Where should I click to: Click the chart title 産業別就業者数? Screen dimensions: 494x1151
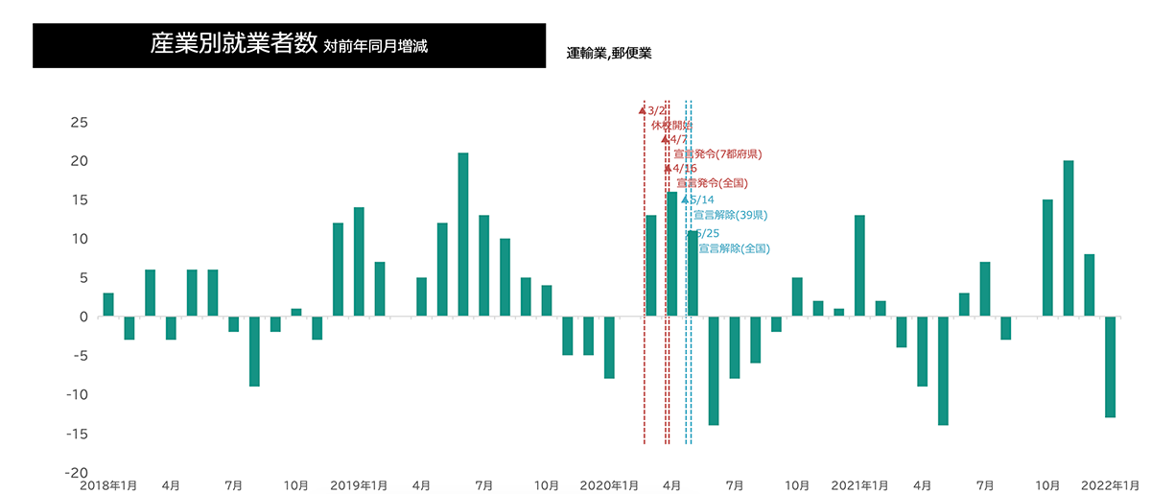coord(234,45)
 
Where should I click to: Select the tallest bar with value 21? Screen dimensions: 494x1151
coord(463,234)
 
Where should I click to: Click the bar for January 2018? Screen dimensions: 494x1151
coord(108,304)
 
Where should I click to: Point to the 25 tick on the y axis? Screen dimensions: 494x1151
coord(79,123)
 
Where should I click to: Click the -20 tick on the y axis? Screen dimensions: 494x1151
coord(75,473)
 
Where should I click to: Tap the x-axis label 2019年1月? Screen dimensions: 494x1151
coord(359,485)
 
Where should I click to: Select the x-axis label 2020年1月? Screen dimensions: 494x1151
coord(609,485)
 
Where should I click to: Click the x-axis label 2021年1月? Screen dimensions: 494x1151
coord(859,485)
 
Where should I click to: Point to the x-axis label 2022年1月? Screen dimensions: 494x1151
coord(1110,485)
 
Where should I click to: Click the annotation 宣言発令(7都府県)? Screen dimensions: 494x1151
coord(717,154)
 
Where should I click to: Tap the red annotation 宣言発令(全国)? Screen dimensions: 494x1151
coord(712,183)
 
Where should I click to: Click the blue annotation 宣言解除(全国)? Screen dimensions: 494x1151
coord(734,248)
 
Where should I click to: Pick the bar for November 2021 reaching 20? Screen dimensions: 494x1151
coord(1069,238)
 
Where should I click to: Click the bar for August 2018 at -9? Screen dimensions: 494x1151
coord(254,351)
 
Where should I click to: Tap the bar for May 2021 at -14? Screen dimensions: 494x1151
coord(943,370)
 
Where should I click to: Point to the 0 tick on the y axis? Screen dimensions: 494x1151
coord(82,317)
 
